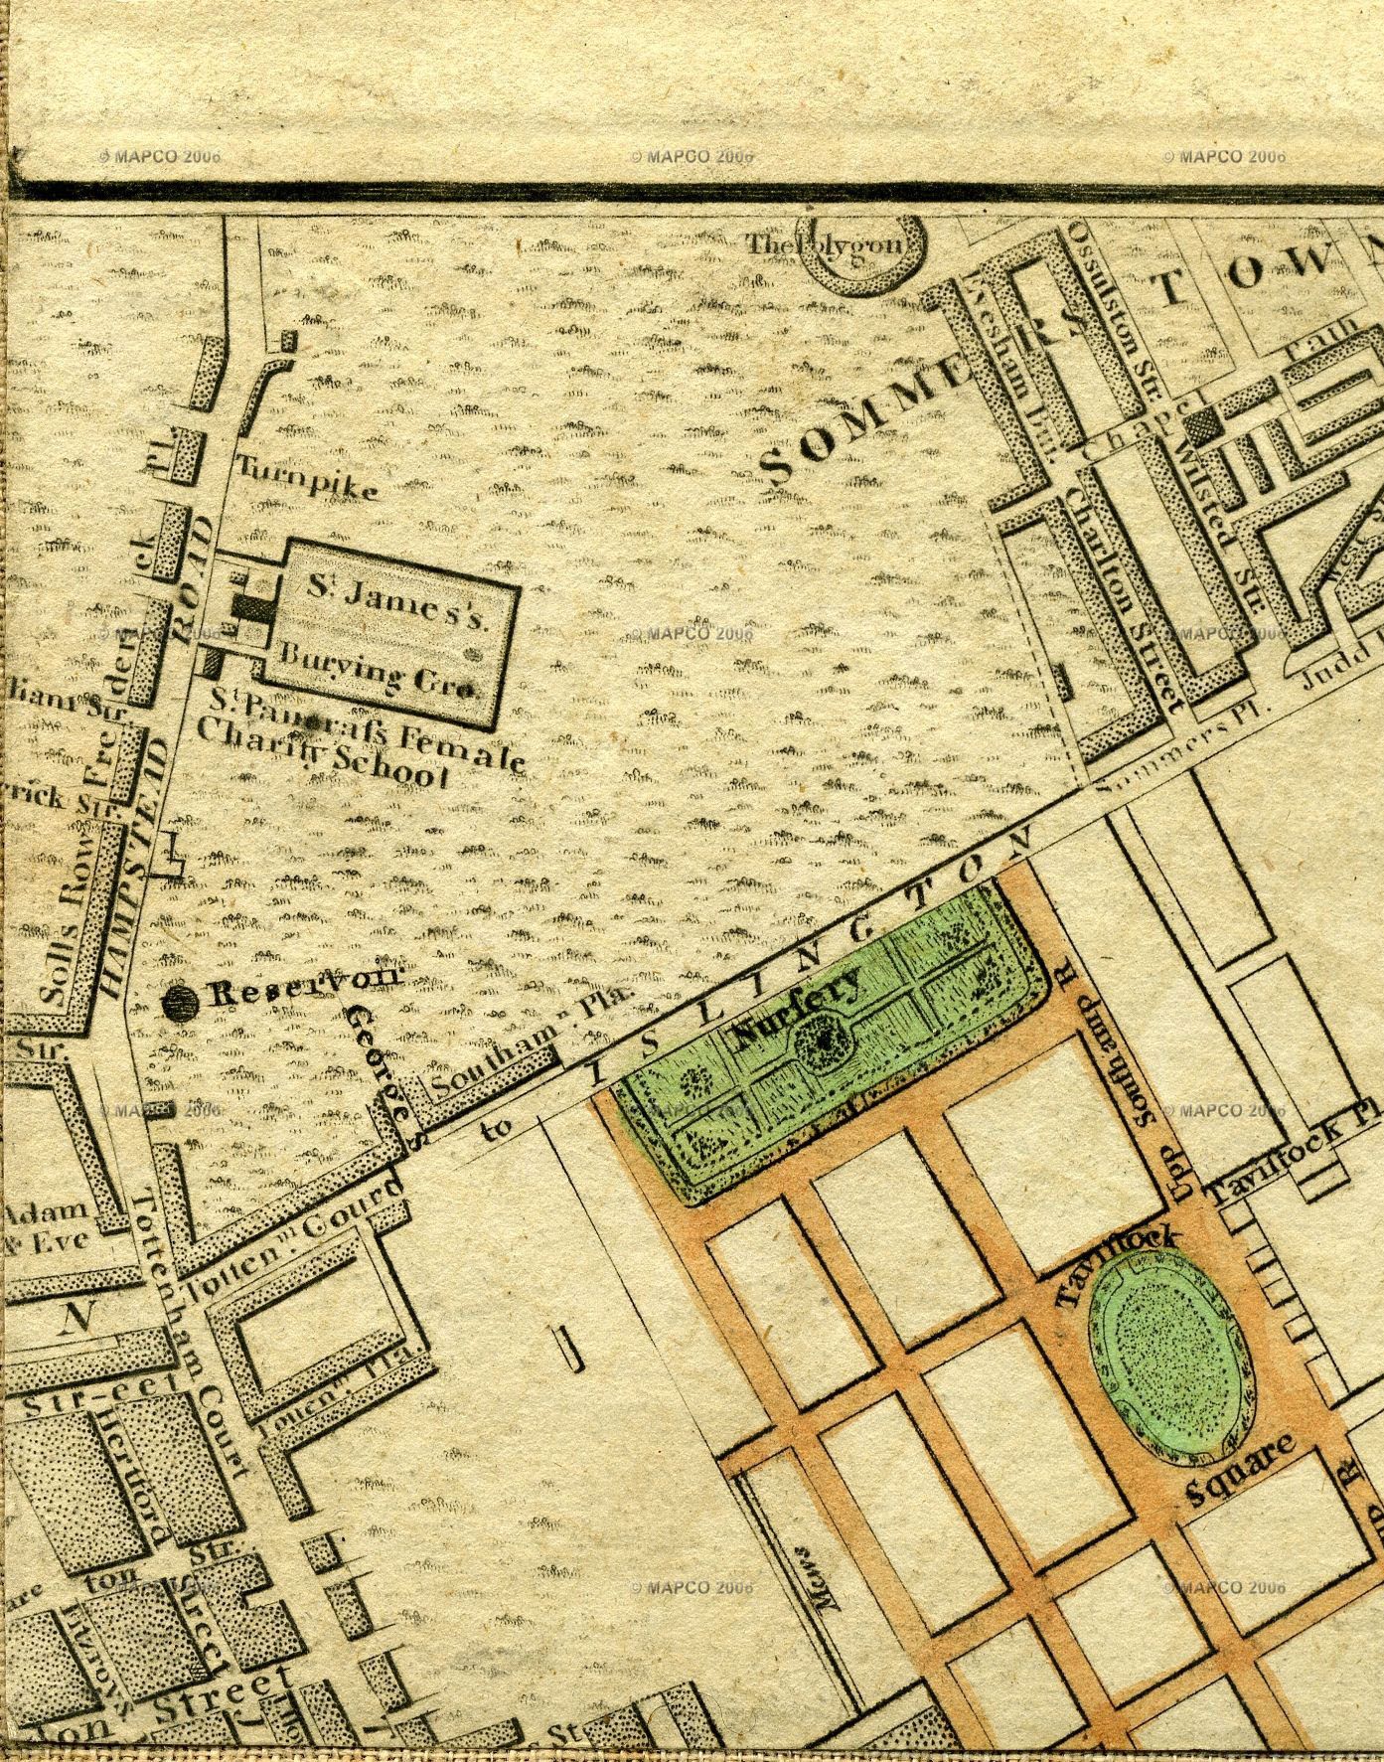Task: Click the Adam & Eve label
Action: click(45, 1226)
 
